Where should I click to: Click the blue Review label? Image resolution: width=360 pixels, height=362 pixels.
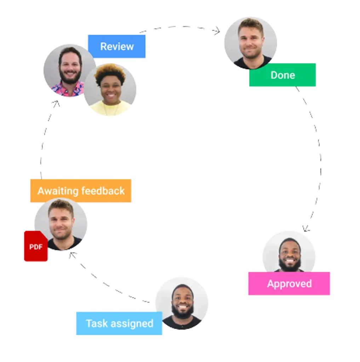click(116, 46)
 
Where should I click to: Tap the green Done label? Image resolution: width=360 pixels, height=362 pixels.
click(282, 75)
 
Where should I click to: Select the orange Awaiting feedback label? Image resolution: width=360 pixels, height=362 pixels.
click(81, 191)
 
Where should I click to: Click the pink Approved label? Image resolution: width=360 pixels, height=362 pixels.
click(289, 284)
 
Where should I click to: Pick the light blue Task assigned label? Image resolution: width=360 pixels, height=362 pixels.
click(119, 323)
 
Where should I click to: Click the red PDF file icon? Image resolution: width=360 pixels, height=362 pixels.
click(35, 246)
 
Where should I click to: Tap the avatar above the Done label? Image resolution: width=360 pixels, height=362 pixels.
click(251, 42)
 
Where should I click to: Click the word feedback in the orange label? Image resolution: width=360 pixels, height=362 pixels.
click(103, 191)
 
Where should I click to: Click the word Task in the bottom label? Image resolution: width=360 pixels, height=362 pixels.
click(96, 323)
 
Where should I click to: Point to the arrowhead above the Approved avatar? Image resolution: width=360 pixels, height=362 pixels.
click(306, 228)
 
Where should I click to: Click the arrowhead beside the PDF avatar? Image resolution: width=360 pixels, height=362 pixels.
click(73, 255)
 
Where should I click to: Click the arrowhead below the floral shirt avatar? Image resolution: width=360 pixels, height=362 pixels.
click(56, 104)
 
